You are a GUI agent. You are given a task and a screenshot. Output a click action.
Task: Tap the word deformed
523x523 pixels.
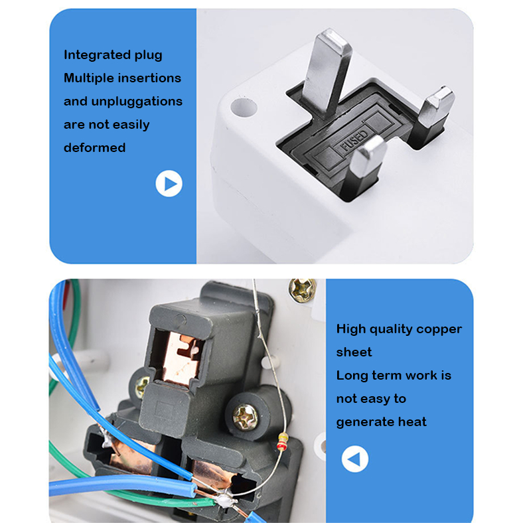(95, 147)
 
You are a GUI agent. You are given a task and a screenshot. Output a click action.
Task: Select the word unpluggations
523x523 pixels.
(137, 102)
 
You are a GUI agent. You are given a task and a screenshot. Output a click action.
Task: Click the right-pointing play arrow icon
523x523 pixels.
(169, 183)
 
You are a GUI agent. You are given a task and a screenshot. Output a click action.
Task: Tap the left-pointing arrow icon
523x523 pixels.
(355, 459)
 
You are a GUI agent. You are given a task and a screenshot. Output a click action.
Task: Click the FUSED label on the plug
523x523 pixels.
(354, 140)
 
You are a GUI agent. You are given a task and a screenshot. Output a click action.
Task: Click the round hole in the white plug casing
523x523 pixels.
(244, 108)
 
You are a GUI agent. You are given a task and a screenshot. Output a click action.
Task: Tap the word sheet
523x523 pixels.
(354, 352)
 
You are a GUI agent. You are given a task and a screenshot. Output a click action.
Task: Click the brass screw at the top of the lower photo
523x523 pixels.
(302, 289)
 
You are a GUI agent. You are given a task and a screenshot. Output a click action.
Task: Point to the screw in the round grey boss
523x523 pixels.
(245, 417)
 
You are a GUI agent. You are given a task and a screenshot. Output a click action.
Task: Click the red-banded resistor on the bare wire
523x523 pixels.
(282, 441)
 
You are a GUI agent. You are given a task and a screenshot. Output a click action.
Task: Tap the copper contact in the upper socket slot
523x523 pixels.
(182, 358)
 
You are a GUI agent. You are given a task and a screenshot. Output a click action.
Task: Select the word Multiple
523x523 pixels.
(88, 78)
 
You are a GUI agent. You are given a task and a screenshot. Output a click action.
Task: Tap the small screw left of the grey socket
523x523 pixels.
(142, 387)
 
